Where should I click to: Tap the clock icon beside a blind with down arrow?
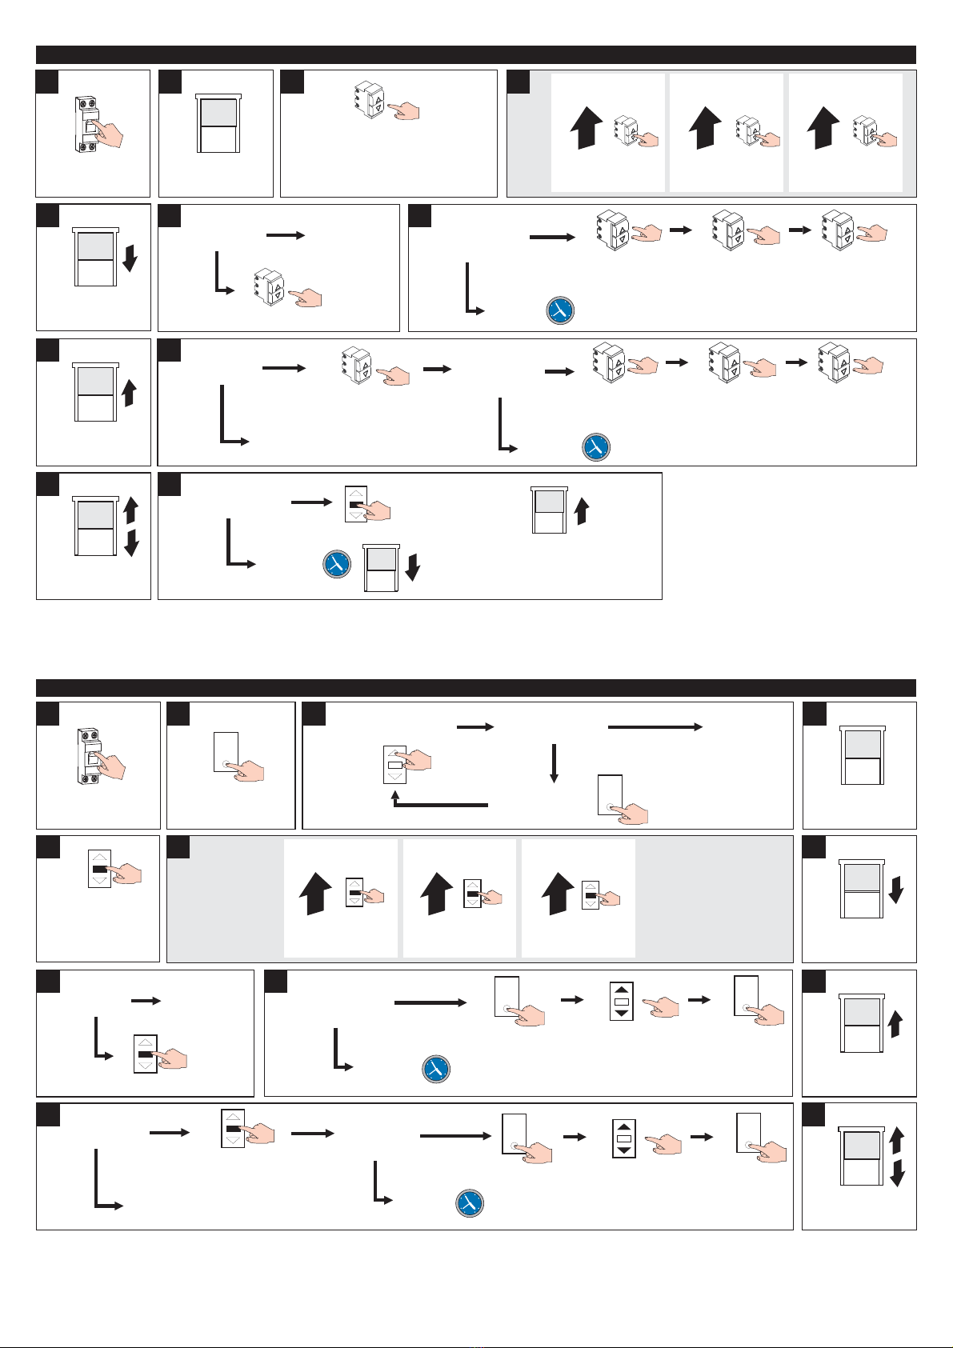337,563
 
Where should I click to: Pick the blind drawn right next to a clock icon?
381,567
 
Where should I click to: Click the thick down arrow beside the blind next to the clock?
413,566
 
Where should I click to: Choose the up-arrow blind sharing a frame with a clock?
549,510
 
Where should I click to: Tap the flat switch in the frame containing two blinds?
356,505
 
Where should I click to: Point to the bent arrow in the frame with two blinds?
239,544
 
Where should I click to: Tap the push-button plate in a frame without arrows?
226,752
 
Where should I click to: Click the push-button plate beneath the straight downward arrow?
610,794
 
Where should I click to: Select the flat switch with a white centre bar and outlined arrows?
394,764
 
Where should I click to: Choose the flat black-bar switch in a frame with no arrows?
99,868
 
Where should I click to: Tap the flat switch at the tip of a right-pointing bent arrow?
146,1054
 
